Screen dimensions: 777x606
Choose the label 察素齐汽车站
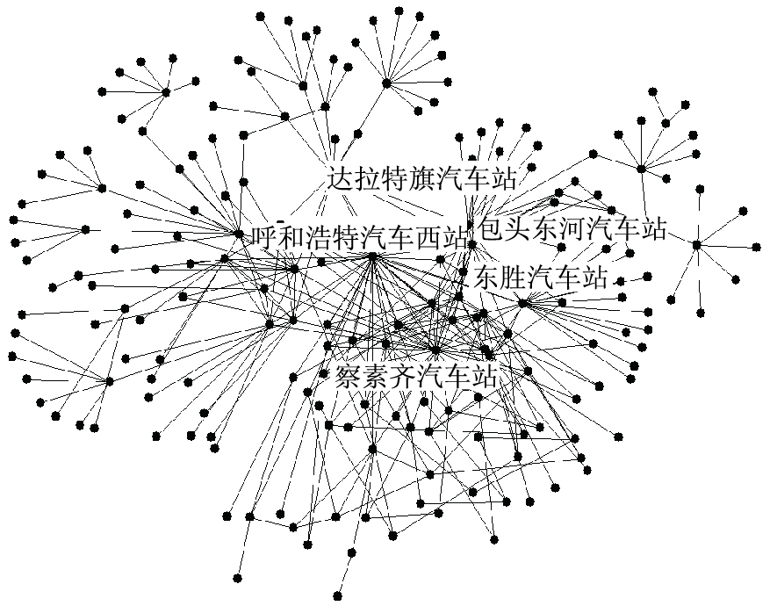(416, 379)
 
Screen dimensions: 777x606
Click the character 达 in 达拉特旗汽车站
(340, 177)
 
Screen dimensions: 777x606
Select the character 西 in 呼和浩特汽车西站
(428, 236)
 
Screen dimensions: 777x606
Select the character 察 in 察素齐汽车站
(349, 379)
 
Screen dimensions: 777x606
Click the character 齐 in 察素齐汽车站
(403, 379)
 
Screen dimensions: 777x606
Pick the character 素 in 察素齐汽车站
(376, 379)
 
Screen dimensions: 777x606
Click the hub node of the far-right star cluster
(696, 245)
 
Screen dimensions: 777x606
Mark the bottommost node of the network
(238, 578)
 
